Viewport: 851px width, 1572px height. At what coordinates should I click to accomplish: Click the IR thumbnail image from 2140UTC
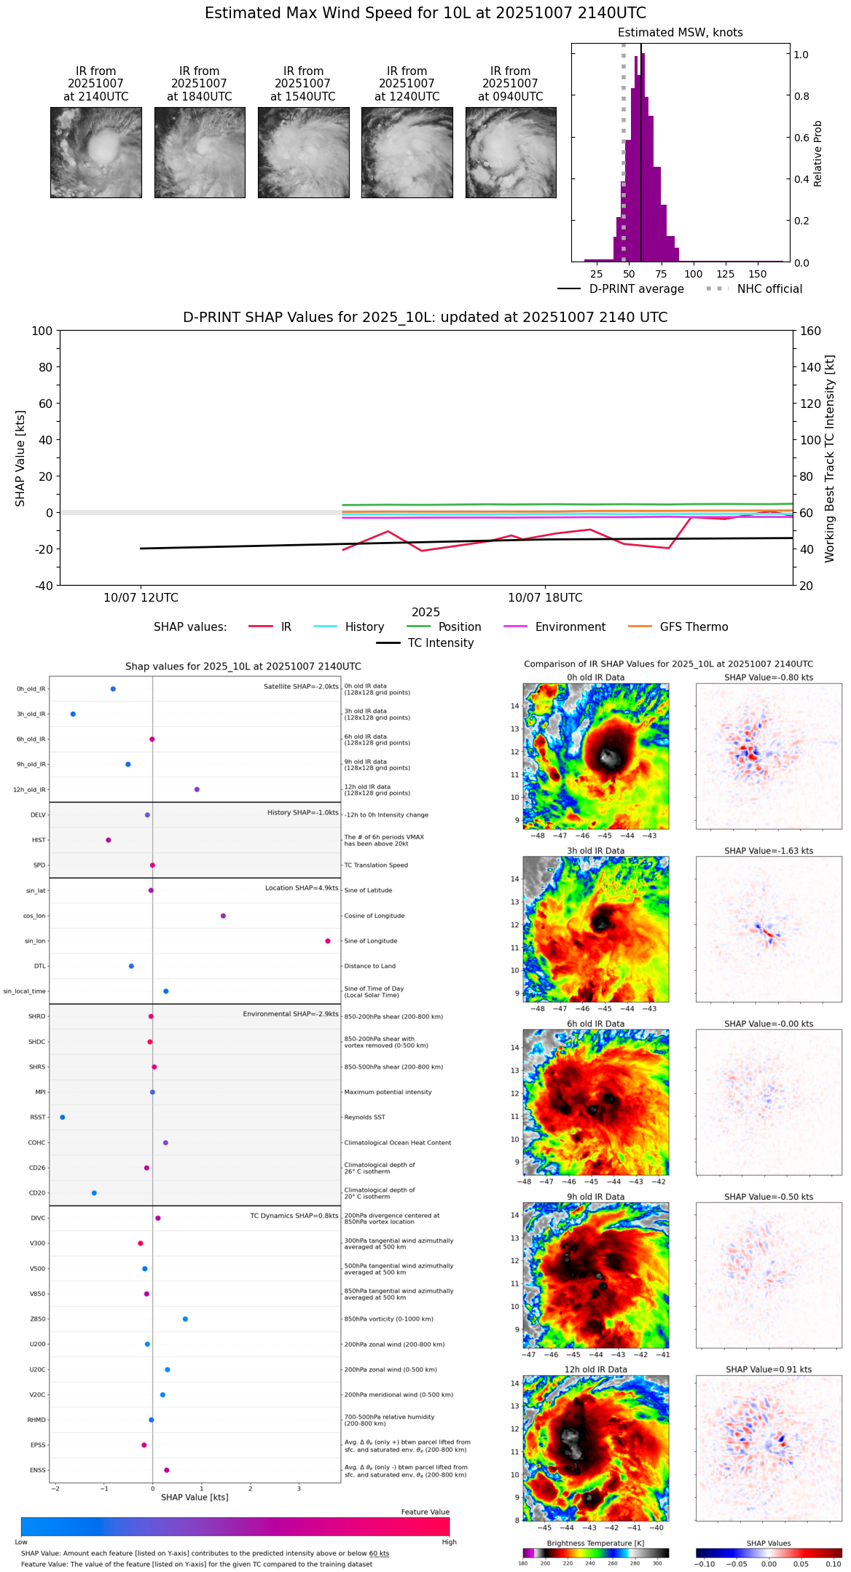pos(96,152)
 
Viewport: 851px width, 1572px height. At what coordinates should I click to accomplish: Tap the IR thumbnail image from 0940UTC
pos(511,152)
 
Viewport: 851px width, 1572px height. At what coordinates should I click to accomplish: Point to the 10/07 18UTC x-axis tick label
pos(545,598)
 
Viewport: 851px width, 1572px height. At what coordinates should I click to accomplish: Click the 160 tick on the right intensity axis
pos(810,331)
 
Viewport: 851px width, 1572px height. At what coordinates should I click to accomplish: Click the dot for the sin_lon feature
pos(328,941)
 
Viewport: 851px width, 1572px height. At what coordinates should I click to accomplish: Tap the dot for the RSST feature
pos(63,1117)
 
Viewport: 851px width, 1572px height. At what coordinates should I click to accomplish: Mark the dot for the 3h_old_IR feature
pos(73,714)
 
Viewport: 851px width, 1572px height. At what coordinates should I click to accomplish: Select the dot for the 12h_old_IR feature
pos(197,790)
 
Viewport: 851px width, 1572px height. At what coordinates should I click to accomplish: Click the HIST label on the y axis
pos(39,841)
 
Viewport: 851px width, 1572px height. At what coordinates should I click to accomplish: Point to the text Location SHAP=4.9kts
pos(302,888)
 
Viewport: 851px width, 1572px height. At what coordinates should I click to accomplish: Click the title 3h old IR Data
pos(595,851)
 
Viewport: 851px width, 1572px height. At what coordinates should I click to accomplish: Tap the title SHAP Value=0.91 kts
pos(768,1369)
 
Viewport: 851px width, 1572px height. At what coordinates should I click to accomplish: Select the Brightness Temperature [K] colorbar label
pos(595,1543)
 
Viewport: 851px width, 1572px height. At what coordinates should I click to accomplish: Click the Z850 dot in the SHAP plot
pos(185,1319)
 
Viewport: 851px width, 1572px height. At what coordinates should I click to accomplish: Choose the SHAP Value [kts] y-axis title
pos(20,458)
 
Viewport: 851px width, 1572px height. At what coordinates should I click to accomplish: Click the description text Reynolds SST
pos(364,1117)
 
